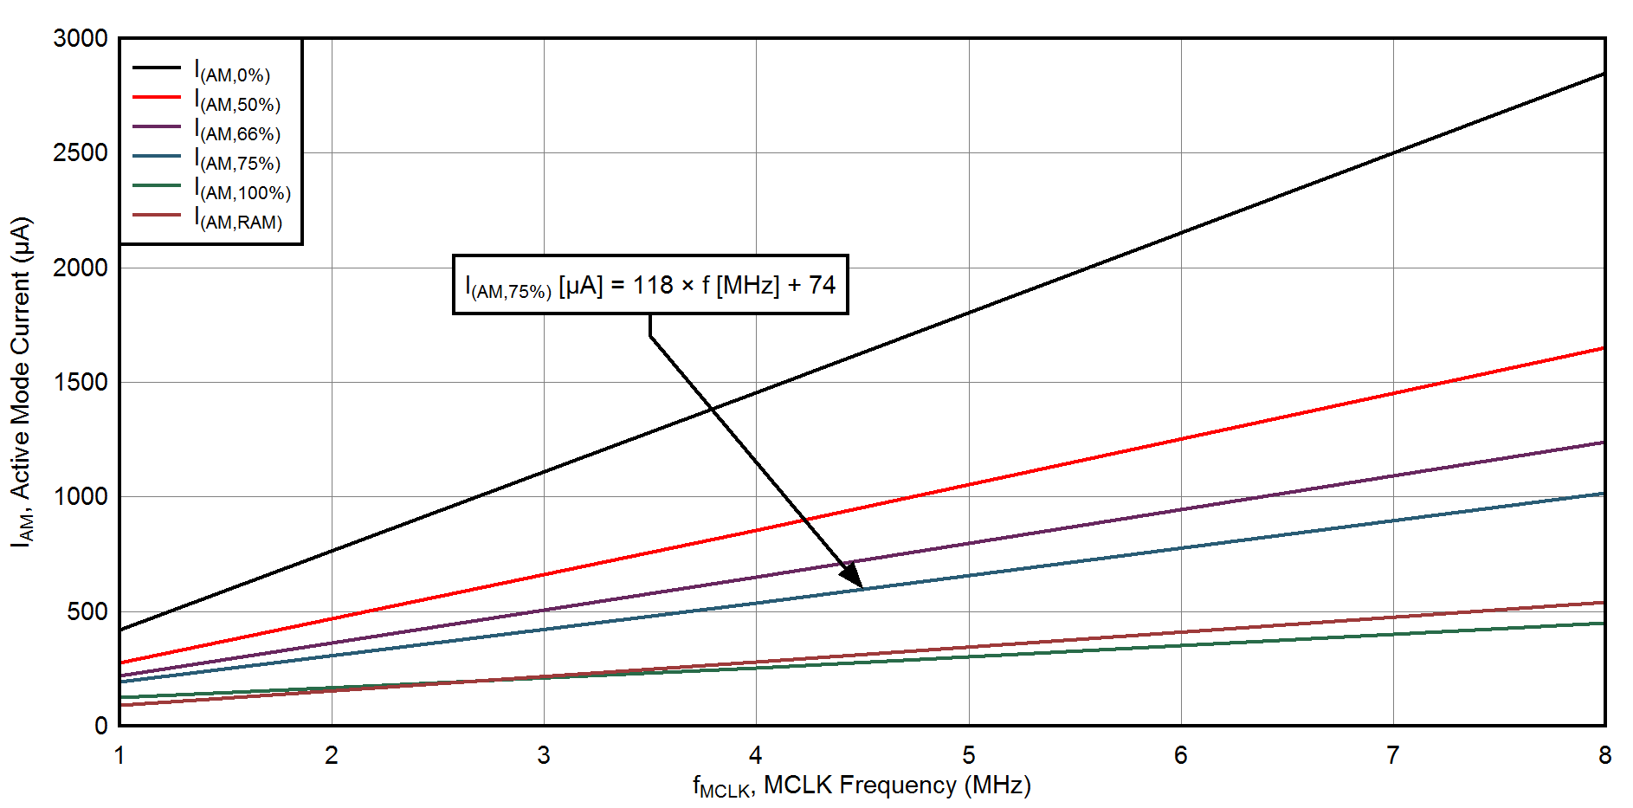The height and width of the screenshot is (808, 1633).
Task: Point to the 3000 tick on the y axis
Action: coord(81,39)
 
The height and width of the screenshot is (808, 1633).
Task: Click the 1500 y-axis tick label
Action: coord(81,382)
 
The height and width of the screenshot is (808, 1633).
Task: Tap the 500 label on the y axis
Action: coord(87,611)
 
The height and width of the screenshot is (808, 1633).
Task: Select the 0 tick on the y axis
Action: coord(101,726)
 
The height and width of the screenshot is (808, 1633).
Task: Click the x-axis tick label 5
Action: coord(968,756)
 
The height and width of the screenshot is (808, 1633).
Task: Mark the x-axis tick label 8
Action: coord(1604,756)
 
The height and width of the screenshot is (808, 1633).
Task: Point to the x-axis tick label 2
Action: coord(332,756)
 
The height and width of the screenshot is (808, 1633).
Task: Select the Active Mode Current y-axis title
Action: coord(21,381)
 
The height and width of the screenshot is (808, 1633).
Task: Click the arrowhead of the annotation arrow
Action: coord(853,577)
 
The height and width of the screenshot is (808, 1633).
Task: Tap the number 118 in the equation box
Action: coord(652,285)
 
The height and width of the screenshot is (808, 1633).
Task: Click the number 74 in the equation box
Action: coord(822,285)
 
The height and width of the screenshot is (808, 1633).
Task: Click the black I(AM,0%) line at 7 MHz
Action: coord(1393,153)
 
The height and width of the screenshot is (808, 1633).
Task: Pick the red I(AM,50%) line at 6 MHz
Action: coord(1181,439)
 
